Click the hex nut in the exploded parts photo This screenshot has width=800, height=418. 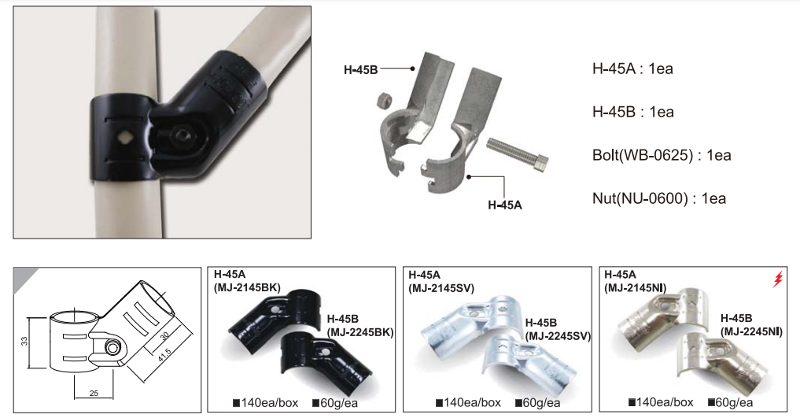click(x=382, y=100)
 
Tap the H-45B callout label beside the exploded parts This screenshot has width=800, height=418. click(x=361, y=70)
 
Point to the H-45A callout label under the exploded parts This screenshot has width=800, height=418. click(x=505, y=205)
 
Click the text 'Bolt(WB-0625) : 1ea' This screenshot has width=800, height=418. click(x=662, y=155)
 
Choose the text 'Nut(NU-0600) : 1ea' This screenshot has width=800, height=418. click(x=659, y=198)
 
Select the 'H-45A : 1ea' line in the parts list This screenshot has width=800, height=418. click(x=632, y=68)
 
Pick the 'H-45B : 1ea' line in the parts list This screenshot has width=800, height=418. click(x=633, y=112)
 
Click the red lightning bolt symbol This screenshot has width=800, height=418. click(x=777, y=279)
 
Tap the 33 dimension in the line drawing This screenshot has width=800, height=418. click(x=24, y=341)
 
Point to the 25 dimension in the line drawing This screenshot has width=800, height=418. click(x=94, y=393)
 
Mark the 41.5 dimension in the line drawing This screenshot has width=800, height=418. click(x=164, y=357)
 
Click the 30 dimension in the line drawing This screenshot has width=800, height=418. click(x=164, y=336)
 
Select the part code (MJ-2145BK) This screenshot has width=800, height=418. click(x=247, y=287)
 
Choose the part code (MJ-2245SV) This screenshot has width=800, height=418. click(x=559, y=336)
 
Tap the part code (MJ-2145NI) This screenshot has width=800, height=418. click(x=636, y=288)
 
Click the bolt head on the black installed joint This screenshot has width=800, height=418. click(x=182, y=135)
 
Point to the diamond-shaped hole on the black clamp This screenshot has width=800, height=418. click(x=124, y=137)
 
